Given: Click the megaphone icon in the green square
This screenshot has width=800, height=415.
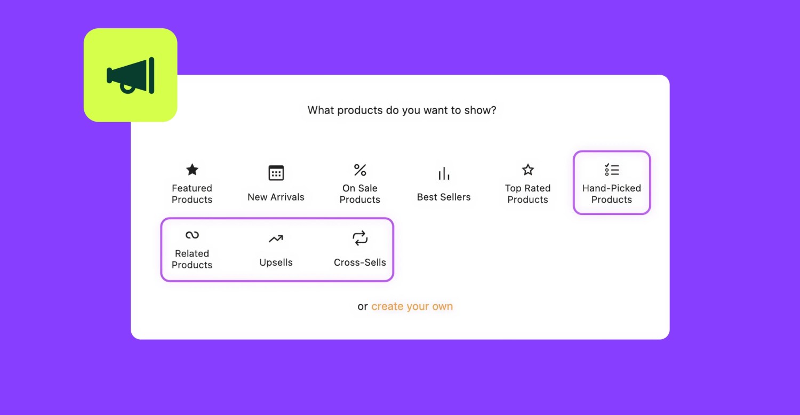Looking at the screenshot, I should coord(131,76).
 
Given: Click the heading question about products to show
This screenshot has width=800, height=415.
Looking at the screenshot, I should coord(402,110).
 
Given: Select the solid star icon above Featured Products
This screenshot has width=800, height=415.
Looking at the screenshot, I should coord(192,170).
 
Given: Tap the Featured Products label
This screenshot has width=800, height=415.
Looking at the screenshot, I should coord(192,194).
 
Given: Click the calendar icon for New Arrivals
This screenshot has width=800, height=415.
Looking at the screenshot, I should coord(276,173).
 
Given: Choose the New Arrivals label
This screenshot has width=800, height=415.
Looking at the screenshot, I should coord(276,197).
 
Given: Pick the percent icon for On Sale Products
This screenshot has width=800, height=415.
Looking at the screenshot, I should coord(360,170).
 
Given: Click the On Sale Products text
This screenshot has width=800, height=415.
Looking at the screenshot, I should coord(360,194).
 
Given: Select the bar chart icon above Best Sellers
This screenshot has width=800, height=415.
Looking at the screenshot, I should coord(444,173).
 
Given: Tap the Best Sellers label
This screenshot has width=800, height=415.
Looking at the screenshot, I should coord(444,197).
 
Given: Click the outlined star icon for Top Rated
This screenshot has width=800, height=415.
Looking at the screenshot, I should coord(527,170).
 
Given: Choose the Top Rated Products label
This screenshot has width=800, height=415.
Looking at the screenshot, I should coord(527,194).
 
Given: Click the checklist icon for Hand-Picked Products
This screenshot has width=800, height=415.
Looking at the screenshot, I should coord(612,170).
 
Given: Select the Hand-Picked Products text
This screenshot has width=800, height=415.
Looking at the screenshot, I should coord(612,194).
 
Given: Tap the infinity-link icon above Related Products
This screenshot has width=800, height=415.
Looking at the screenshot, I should coord(192,235).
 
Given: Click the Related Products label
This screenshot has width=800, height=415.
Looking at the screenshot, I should coord(192,259).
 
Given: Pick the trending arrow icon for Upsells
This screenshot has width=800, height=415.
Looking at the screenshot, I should coord(276,239).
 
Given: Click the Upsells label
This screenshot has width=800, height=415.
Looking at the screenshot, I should coord(276,262).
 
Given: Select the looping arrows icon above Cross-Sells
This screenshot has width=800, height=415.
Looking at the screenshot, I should coord(360,238).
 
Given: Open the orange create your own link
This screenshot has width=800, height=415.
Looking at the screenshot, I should coord(412,307).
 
